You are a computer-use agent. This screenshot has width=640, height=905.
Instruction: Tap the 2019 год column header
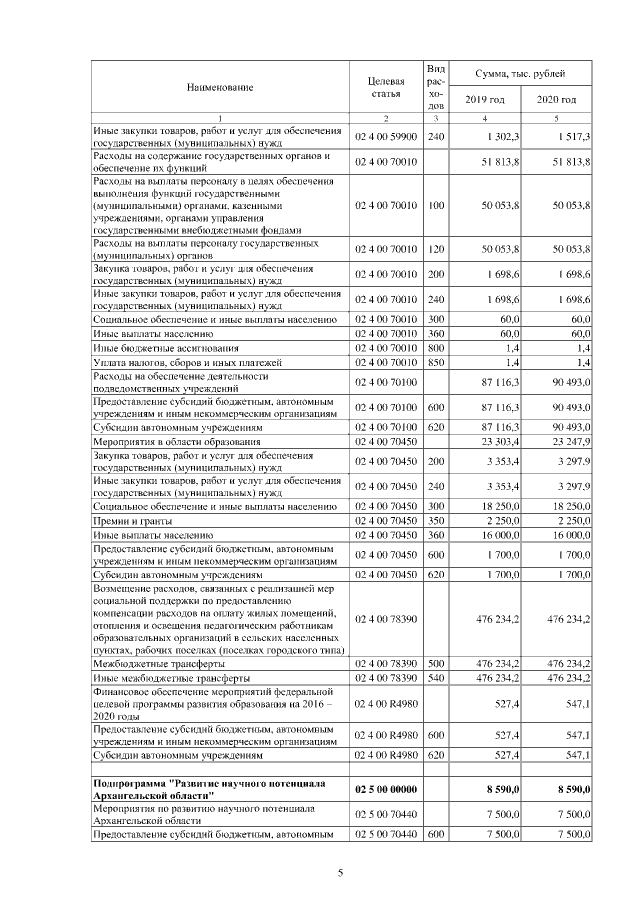pyautogui.click(x=485, y=100)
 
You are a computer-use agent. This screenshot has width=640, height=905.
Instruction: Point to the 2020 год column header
pyautogui.click(x=556, y=100)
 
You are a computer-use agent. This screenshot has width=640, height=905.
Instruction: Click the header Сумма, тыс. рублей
pyautogui.click(x=520, y=74)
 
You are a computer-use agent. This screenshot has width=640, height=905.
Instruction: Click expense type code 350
pyautogui.click(x=435, y=521)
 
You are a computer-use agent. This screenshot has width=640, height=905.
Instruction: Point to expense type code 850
pyautogui.click(x=435, y=361)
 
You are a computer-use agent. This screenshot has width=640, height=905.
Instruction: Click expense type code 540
pyautogui.click(x=435, y=677)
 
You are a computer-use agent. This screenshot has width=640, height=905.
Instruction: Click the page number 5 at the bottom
pyautogui.click(x=340, y=872)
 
